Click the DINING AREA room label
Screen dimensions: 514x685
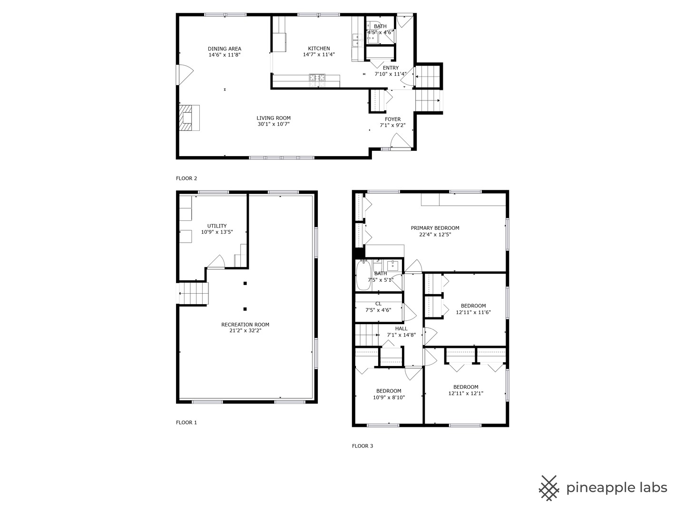click(225, 49)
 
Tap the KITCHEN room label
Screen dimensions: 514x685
click(319, 49)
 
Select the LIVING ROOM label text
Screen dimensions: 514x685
click(274, 118)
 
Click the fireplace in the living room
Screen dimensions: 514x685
click(188, 118)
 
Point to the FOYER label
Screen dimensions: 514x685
click(392, 119)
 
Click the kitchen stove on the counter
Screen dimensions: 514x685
click(317, 78)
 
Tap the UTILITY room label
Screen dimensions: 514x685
click(217, 226)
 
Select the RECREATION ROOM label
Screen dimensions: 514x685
click(245, 325)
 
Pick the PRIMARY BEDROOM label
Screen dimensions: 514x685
click(435, 228)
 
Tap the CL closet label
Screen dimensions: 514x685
click(378, 304)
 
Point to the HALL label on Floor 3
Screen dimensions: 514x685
click(401, 328)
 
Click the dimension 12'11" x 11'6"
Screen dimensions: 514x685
click(473, 313)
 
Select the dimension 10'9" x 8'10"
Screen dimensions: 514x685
click(389, 397)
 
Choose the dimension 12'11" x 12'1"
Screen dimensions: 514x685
click(466, 394)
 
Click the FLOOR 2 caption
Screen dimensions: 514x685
click(186, 178)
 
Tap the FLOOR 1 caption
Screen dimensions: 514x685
click(186, 423)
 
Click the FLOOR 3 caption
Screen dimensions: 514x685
click(362, 446)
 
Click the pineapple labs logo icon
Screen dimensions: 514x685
click(548, 488)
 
